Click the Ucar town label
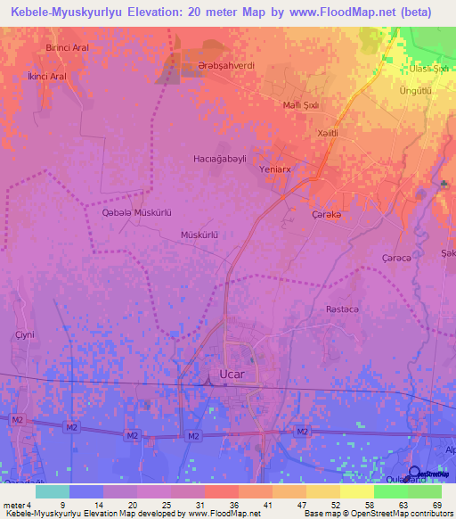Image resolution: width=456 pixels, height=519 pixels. (x=232, y=375)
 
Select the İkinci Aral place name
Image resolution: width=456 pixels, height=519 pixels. (x=47, y=77)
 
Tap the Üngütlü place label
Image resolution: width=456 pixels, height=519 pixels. (x=416, y=92)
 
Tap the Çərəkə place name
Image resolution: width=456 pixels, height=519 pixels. (x=327, y=215)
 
